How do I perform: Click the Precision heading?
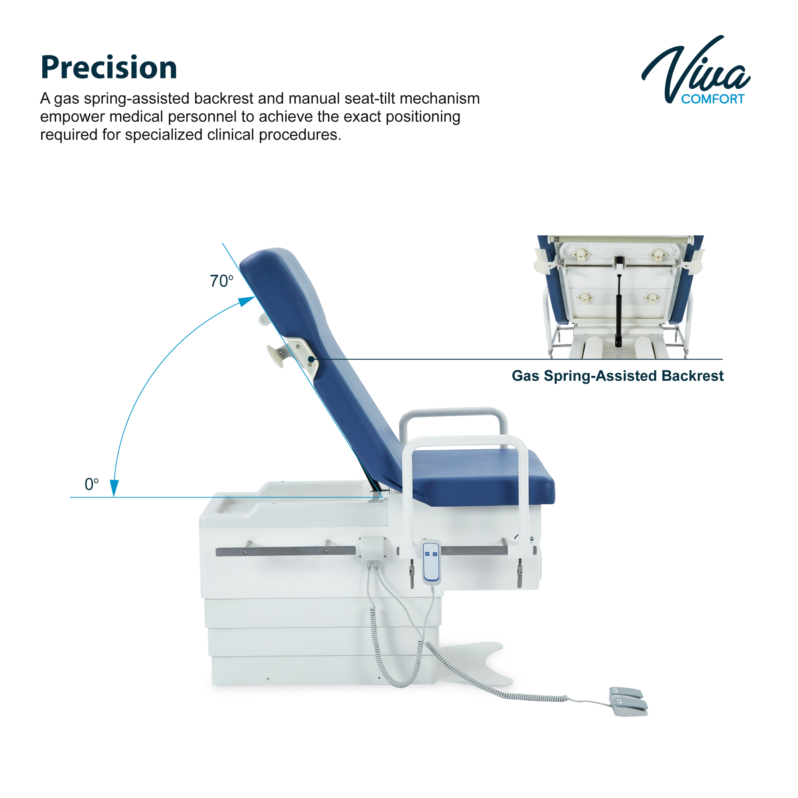(x=109, y=67)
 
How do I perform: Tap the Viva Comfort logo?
(x=695, y=70)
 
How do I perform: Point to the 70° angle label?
(x=221, y=281)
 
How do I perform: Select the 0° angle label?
(x=92, y=484)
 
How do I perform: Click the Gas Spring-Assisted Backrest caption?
(x=618, y=376)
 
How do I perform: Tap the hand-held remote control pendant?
(x=432, y=562)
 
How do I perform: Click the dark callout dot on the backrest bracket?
(x=311, y=360)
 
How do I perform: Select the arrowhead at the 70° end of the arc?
(x=248, y=301)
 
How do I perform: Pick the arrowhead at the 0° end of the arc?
(x=114, y=488)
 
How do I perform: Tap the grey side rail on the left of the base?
(x=285, y=551)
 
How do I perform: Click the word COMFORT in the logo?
(x=713, y=99)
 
